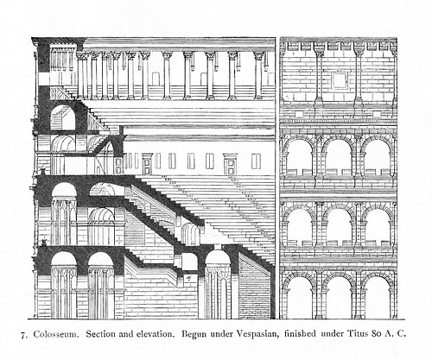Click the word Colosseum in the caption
(x=56, y=334)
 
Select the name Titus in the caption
(x=358, y=334)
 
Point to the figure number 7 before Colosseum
(x=22, y=335)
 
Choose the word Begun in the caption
(x=194, y=334)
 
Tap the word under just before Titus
(x=332, y=334)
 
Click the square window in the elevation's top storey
(x=339, y=81)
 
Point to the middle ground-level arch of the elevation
(x=339, y=296)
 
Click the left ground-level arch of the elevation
(x=300, y=296)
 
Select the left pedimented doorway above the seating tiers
(x=147, y=163)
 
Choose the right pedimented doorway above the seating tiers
(x=231, y=163)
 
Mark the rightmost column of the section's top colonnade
(x=258, y=76)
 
